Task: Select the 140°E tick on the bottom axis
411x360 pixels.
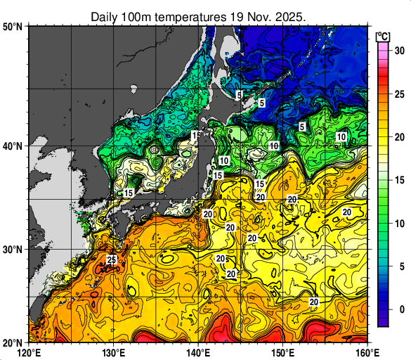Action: [x=199, y=351]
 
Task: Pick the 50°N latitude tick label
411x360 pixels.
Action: [x=13, y=27]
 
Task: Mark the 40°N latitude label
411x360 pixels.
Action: [x=13, y=146]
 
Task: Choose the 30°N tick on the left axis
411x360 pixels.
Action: [x=13, y=250]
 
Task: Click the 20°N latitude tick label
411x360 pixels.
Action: [x=13, y=342]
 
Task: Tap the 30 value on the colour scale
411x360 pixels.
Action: [x=398, y=51]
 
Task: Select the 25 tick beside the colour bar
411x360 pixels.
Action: [x=398, y=94]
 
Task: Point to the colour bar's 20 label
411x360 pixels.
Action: [x=398, y=137]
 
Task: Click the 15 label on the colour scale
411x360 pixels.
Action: [x=398, y=180]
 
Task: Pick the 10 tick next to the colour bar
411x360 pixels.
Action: [x=398, y=224]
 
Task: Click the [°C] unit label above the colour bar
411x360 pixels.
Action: [x=384, y=35]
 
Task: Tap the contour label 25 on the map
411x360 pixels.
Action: [x=111, y=260]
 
